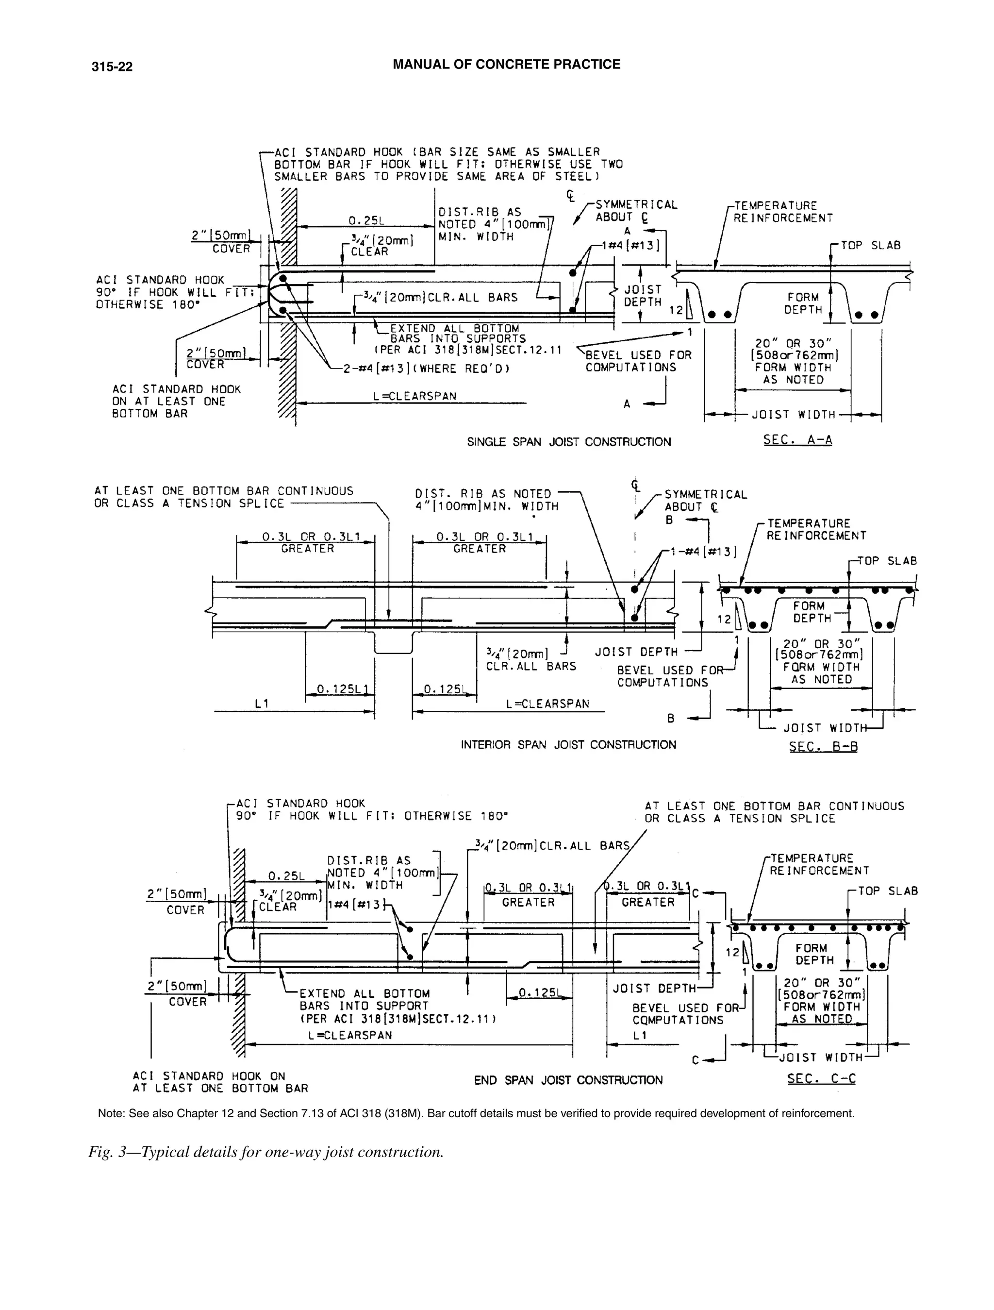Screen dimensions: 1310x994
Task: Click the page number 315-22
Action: [112, 67]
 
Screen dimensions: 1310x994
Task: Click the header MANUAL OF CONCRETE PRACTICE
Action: [506, 65]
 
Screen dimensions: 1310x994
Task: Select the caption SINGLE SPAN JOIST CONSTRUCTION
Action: [568, 442]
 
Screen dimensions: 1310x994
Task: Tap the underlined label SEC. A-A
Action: [797, 439]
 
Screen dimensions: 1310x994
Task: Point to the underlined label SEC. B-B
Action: [823, 746]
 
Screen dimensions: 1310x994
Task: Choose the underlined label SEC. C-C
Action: [821, 1078]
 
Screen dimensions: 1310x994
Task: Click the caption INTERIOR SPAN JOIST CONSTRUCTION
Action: [568, 744]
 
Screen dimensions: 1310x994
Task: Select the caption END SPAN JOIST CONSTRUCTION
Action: [568, 1080]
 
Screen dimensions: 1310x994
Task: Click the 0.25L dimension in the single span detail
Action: [366, 220]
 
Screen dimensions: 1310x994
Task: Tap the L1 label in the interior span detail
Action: [262, 703]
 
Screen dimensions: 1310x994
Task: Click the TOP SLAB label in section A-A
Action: [870, 245]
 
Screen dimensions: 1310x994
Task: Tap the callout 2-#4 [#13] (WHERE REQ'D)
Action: [426, 369]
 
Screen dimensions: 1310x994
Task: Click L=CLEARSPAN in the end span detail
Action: [350, 1035]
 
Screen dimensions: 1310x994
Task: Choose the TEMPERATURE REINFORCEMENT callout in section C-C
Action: [819, 864]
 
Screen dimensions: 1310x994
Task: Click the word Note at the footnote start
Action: [110, 1113]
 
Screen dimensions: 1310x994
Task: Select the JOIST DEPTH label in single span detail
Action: [642, 296]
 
